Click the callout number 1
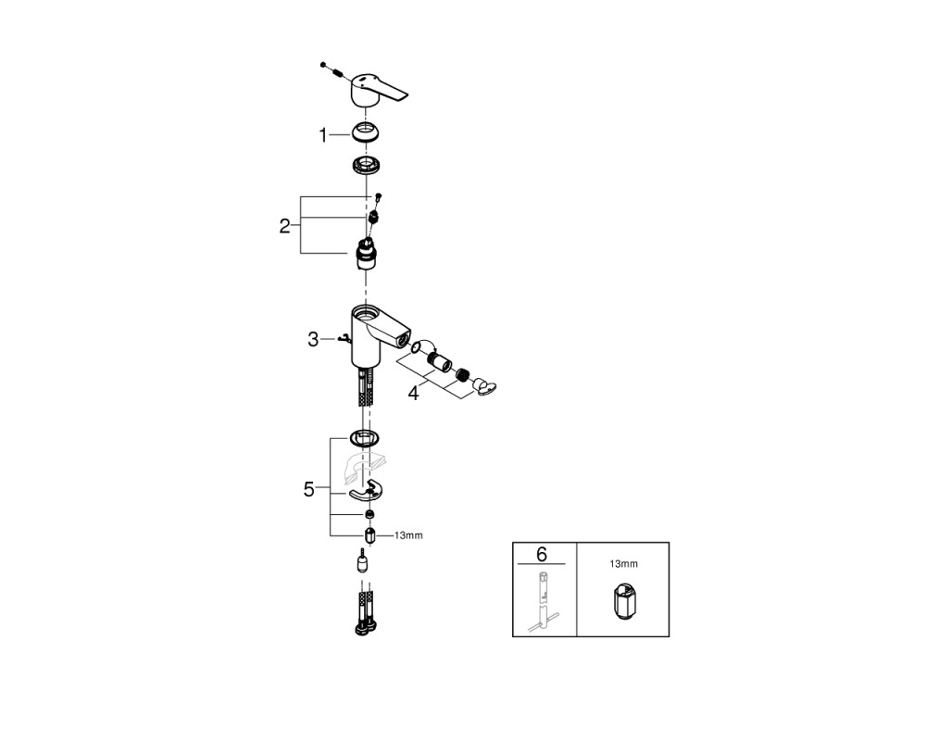pos(322,136)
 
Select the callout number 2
pos(284,226)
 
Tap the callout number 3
pos(313,340)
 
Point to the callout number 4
pos(413,393)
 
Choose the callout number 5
pos(309,489)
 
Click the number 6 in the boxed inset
pos(542,554)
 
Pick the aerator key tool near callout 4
pos(484,388)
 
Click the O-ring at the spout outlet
pos(417,346)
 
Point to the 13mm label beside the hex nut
pos(408,536)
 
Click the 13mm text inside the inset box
pos(623,564)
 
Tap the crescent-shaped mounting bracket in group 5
pos(365,492)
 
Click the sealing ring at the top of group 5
pos(364,438)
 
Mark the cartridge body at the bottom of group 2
pos(366,253)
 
